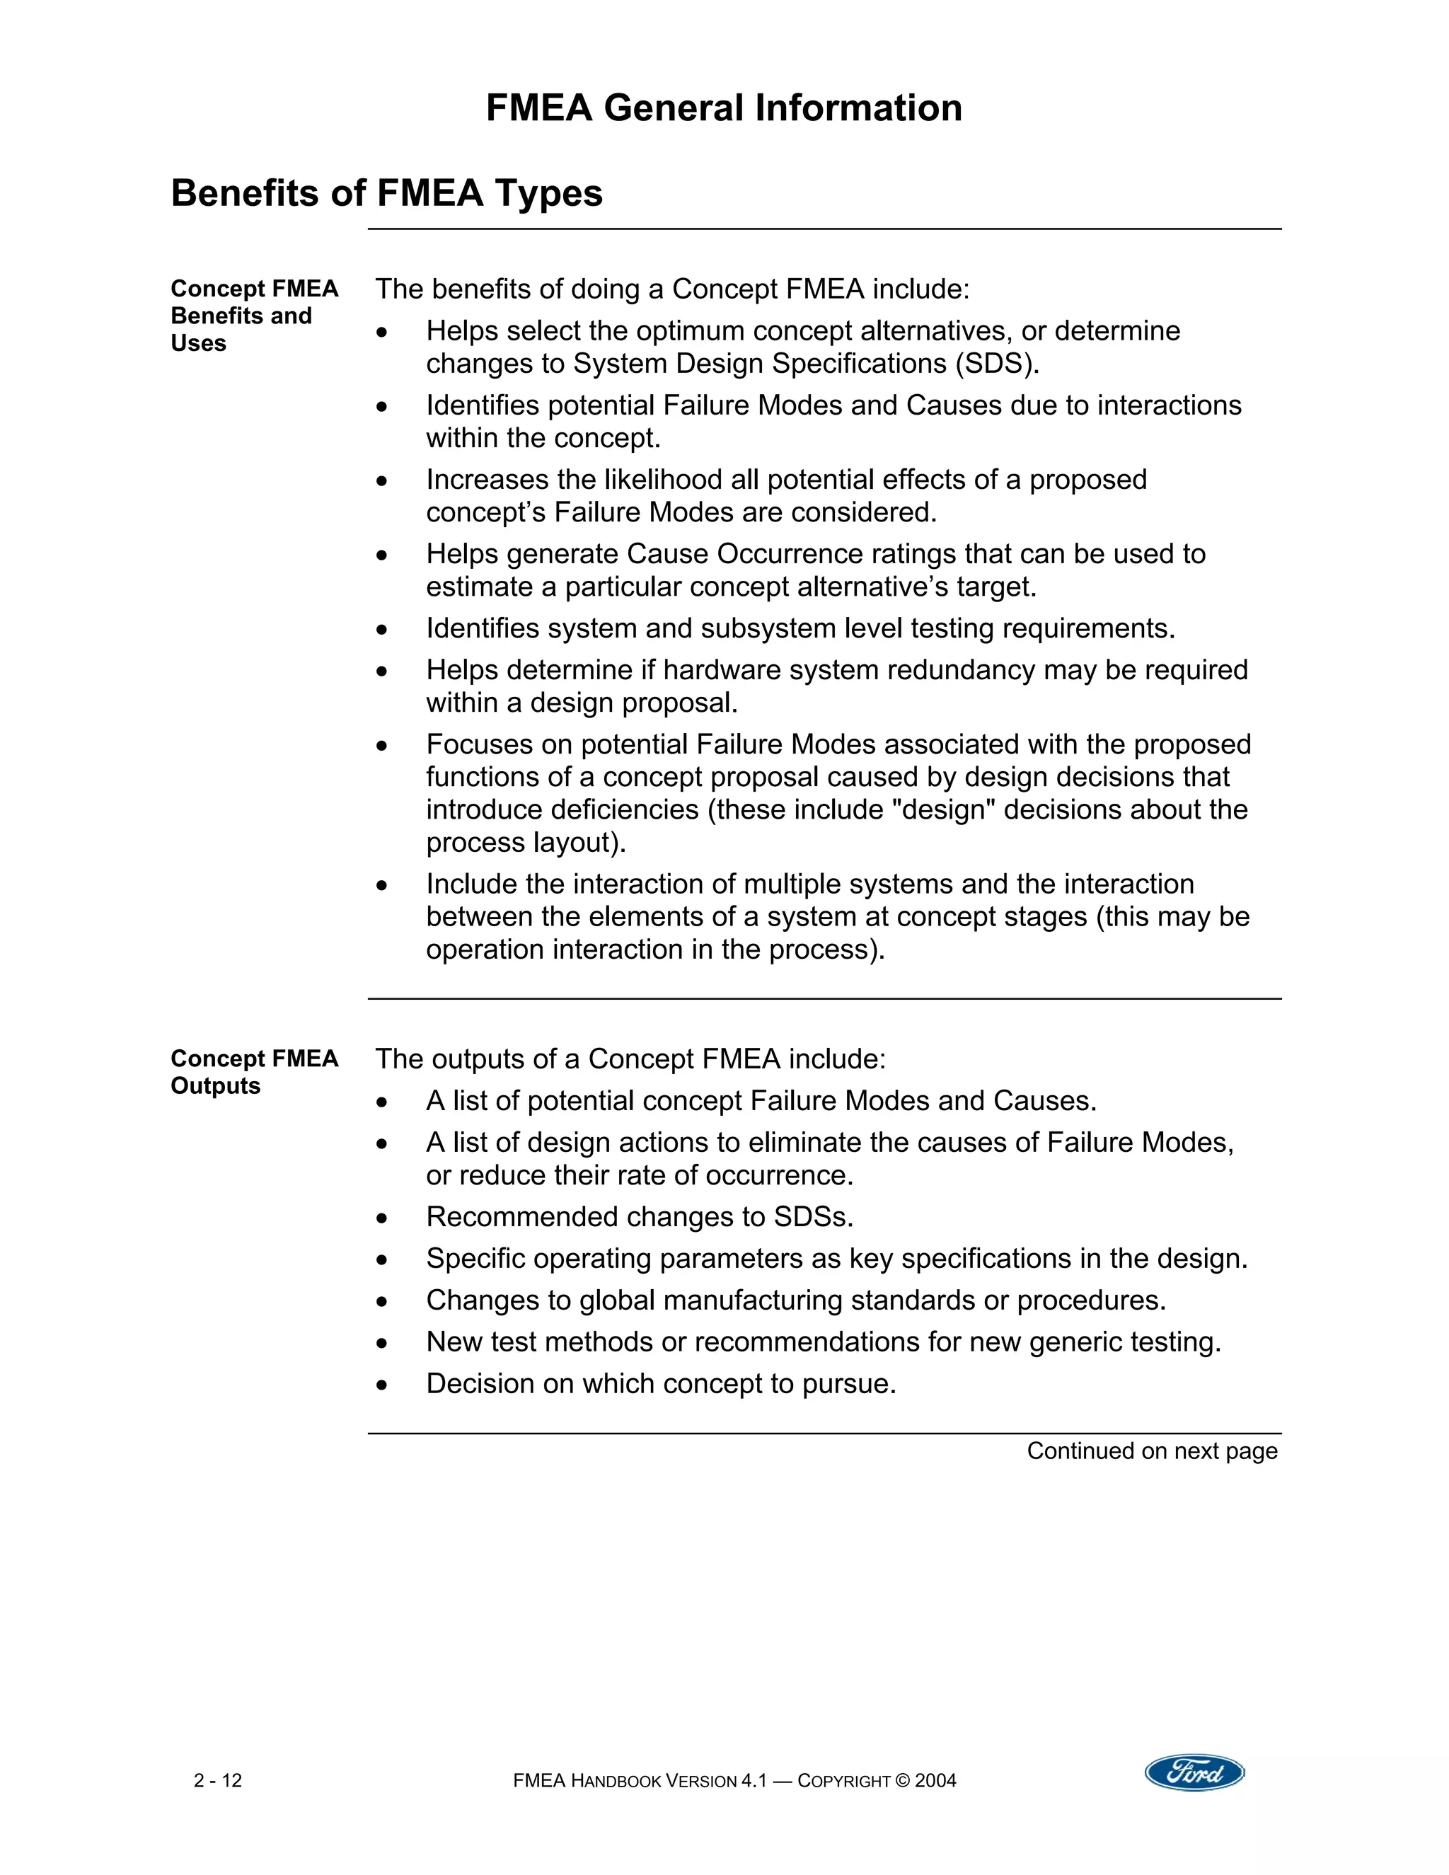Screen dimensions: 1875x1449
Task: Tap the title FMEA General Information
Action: [724, 108]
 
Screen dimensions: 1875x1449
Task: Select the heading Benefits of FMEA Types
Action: [386, 193]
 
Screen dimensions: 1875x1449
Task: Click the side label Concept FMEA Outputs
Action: [254, 1071]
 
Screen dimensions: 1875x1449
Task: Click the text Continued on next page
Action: [1152, 1451]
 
